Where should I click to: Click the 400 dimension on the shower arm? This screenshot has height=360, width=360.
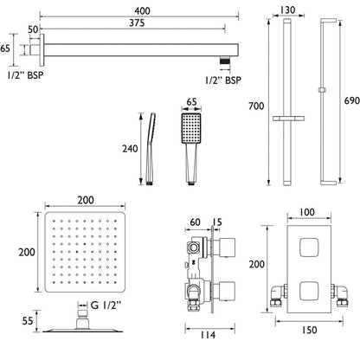click(142, 11)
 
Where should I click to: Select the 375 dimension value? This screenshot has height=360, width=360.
click(137, 22)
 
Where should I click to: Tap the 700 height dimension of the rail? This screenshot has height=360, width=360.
click(256, 106)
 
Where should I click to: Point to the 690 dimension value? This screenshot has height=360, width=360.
click(351, 100)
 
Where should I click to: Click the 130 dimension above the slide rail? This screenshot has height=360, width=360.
click(288, 10)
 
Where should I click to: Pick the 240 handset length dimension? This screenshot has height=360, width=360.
click(130, 149)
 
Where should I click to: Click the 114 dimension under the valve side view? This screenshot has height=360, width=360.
click(208, 335)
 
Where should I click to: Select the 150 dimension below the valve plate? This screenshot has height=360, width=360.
click(309, 330)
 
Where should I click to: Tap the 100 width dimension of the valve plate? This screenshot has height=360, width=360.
click(307, 212)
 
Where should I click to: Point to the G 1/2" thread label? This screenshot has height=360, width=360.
click(106, 305)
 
